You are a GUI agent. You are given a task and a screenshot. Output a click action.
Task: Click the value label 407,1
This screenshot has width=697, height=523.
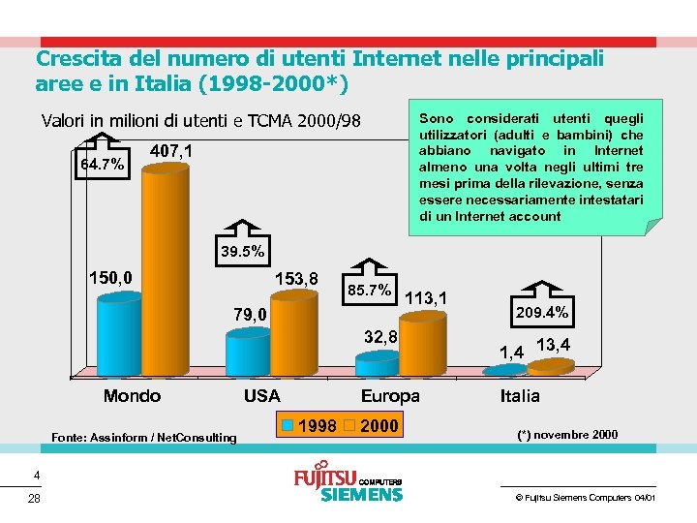coord(171,152)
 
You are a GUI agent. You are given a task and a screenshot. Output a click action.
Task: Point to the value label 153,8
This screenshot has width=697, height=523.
coord(296,278)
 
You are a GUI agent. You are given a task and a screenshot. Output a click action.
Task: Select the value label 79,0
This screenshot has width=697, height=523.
coord(251,314)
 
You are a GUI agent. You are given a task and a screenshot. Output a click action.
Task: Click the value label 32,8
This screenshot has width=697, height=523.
coord(380,337)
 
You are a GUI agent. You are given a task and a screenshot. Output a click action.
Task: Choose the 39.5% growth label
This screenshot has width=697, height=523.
coord(242,252)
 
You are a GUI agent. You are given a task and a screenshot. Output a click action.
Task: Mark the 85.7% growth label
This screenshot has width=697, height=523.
coord(369,289)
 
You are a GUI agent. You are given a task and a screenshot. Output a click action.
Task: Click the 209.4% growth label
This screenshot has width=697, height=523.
coord(542,313)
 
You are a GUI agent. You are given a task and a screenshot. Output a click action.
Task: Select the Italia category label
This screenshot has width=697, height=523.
coord(520,396)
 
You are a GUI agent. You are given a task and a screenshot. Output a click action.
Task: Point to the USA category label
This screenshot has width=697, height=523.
coord(261,396)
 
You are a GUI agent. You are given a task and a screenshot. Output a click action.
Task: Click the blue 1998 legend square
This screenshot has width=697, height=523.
coord(287,426)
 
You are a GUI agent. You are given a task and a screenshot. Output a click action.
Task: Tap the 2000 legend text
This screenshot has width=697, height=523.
coord(379,426)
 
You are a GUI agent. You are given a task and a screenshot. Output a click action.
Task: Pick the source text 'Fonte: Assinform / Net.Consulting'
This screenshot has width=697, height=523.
coord(143,438)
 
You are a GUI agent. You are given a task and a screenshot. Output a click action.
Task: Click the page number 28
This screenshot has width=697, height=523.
coord(35,499)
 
